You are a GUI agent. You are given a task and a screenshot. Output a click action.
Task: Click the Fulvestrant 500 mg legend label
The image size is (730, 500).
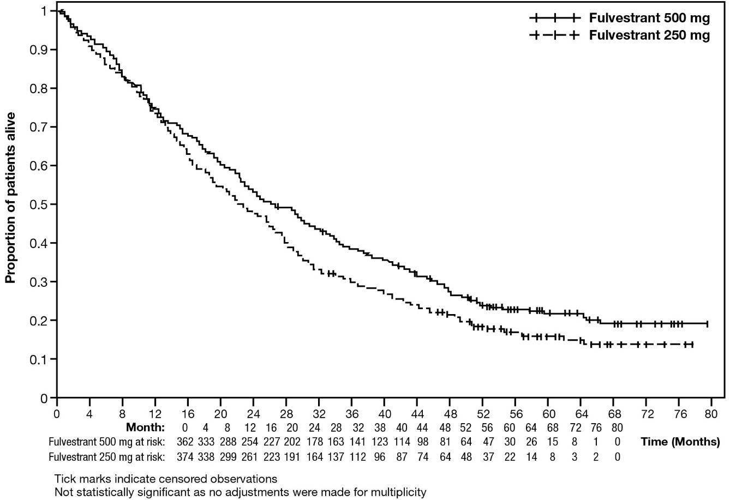click(649, 19)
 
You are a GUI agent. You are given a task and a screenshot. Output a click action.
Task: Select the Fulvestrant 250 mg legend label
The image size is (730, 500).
click(649, 36)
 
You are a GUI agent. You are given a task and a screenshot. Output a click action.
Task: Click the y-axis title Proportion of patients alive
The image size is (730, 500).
click(10, 197)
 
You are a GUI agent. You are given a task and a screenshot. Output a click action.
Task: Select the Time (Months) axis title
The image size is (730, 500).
click(679, 442)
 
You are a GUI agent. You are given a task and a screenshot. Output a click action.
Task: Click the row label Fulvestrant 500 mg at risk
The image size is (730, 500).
click(106, 442)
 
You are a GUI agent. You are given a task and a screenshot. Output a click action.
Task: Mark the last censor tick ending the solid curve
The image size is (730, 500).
click(707, 324)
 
